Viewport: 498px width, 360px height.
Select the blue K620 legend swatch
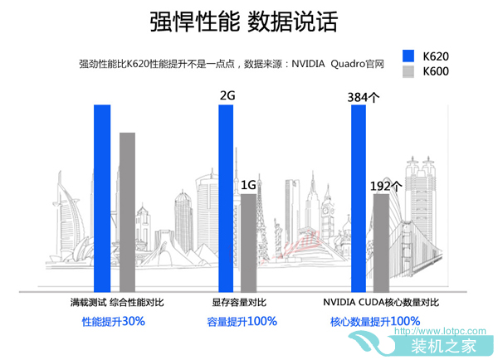tap(408, 56)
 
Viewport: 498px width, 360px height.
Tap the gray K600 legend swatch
tap(408, 72)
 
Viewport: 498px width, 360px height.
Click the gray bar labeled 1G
tap(248, 241)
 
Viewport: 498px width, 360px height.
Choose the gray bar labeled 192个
tap(381, 241)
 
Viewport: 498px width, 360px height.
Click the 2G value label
tap(227, 95)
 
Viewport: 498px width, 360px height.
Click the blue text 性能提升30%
tap(113, 321)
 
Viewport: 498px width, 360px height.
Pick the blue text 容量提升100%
tap(242, 321)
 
